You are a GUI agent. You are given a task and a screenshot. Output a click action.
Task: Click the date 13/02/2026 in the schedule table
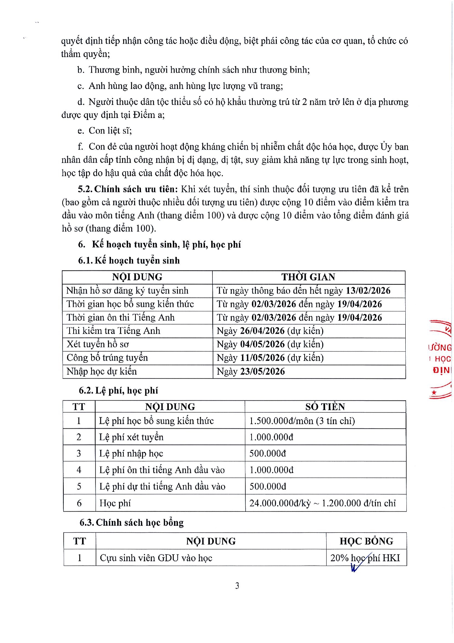coord(368,291)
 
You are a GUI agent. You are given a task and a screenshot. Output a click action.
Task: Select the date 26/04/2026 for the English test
coord(262,331)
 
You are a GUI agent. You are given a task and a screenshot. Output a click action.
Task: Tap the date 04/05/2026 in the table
coord(262,344)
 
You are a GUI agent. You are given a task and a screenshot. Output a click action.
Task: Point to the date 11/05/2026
coord(262,358)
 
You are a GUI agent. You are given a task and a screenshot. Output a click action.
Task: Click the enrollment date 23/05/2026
coord(262,372)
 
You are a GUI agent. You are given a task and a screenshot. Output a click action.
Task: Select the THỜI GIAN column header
coord(308,277)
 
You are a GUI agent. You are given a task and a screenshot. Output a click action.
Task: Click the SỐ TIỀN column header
coord(325,407)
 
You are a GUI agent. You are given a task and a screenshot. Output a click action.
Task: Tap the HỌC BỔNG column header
coord(366,541)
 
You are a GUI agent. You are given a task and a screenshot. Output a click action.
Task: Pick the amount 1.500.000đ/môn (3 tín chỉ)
coord(302,421)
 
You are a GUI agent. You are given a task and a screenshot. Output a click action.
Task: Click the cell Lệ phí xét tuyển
coord(131,437)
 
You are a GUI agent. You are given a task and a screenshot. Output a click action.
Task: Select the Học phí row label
coord(115,503)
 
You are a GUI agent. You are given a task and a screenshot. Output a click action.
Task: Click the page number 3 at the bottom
coord(237,586)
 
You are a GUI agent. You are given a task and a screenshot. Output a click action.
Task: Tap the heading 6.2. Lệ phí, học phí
coord(119,391)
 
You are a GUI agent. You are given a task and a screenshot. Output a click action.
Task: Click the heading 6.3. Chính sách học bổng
coord(132,522)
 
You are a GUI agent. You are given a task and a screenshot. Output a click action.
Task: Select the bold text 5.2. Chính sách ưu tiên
coord(128,189)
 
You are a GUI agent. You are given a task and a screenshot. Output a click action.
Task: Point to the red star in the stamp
coord(434,393)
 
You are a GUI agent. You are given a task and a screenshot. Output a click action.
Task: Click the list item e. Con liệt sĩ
coord(105,131)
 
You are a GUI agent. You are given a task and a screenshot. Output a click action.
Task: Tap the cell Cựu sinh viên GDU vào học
coord(156,558)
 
